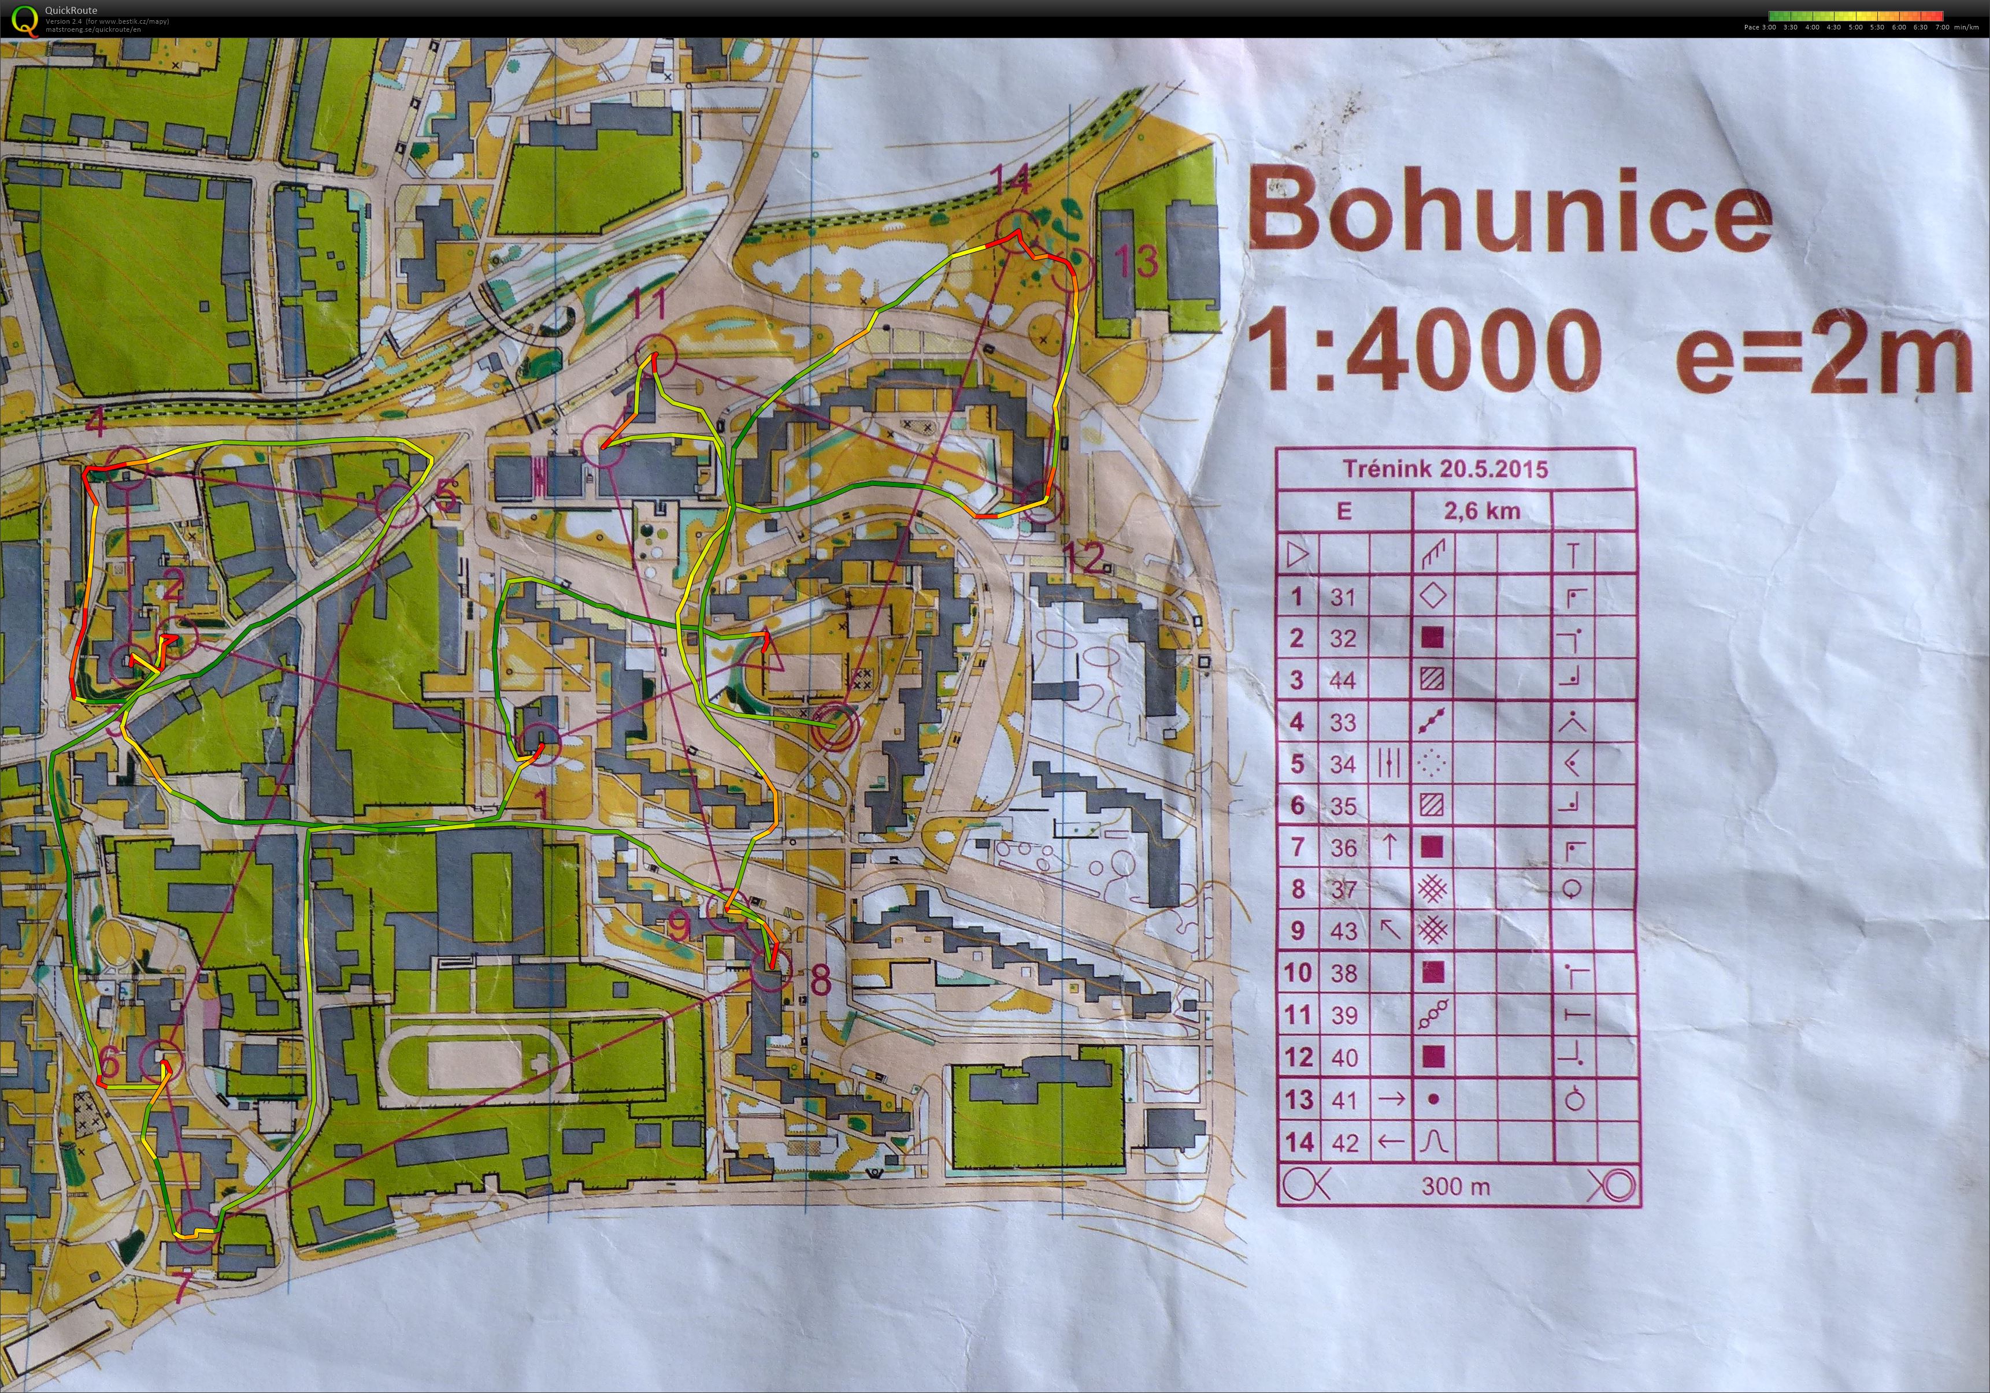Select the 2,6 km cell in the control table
[1481, 511]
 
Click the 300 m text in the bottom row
[1455, 1186]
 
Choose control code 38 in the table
[1343, 973]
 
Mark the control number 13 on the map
[1135, 260]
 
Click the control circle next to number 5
[397, 503]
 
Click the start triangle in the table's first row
[1296, 555]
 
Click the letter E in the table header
[1343, 511]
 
